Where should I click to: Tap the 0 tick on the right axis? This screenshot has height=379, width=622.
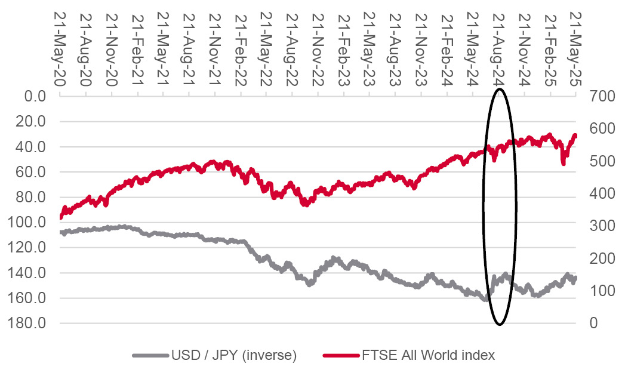593,323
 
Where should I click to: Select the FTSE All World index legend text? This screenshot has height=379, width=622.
428,356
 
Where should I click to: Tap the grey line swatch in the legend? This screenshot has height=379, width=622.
149,356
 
